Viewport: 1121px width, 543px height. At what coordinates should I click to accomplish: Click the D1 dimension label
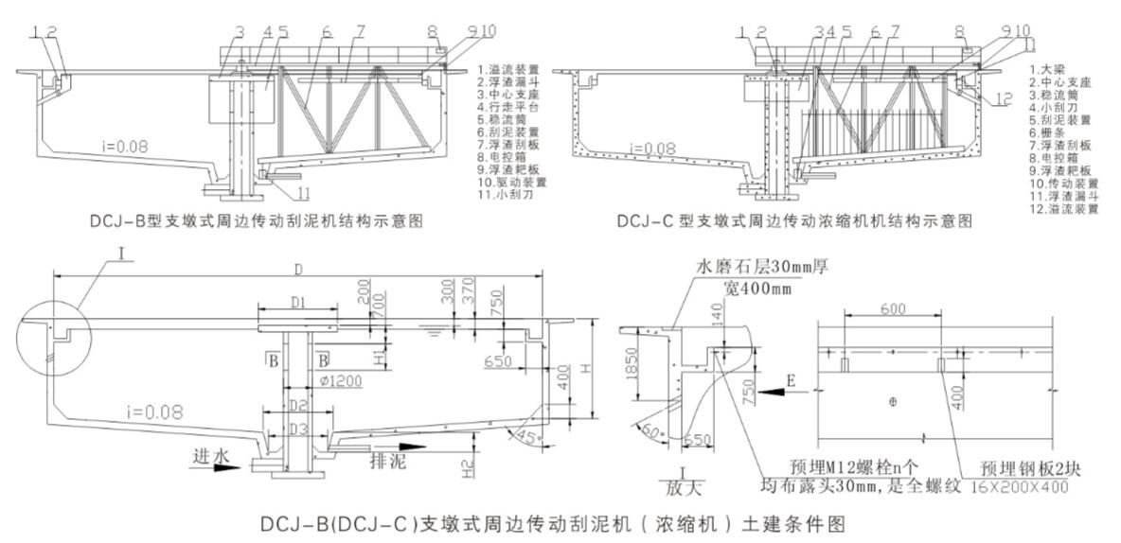[296, 303]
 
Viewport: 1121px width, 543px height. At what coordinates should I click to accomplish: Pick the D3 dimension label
[298, 429]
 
